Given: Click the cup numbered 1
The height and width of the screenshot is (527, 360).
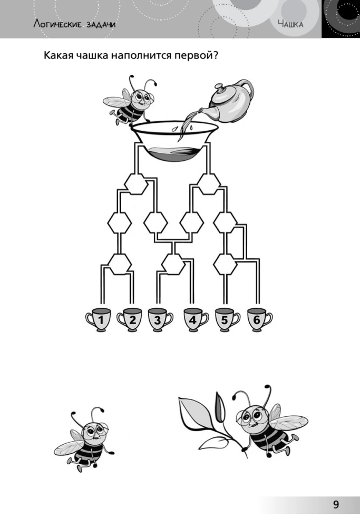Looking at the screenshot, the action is (x=99, y=320).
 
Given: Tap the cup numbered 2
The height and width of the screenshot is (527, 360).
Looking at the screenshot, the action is (x=130, y=320).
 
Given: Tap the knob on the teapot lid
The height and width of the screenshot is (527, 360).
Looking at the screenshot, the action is (x=219, y=88).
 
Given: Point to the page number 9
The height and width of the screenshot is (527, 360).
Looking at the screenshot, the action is (x=336, y=504).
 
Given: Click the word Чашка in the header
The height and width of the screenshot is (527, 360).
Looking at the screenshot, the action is (x=291, y=24).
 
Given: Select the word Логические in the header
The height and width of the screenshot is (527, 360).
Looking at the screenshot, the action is (x=57, y=24).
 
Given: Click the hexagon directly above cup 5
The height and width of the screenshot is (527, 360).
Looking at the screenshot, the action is (x=225, y=264).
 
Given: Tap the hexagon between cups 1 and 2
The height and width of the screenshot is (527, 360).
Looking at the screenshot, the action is (x=120, y=264).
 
